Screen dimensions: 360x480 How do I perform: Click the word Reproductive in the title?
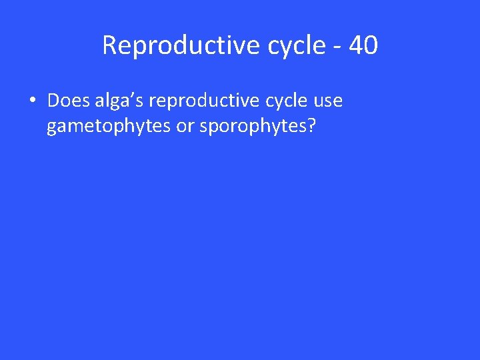point(171,45)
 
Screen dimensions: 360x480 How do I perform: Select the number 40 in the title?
point(363,45)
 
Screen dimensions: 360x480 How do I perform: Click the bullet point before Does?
point(32,102)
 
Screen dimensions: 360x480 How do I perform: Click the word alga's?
point(120,101)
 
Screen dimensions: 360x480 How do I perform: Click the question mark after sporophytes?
point(311,125)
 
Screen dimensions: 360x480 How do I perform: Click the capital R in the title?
point(110,45)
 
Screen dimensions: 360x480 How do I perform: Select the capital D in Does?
point(53,101)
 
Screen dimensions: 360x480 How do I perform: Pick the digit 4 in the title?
point(355,45)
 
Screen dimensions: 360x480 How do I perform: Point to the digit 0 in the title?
point(371,45)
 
